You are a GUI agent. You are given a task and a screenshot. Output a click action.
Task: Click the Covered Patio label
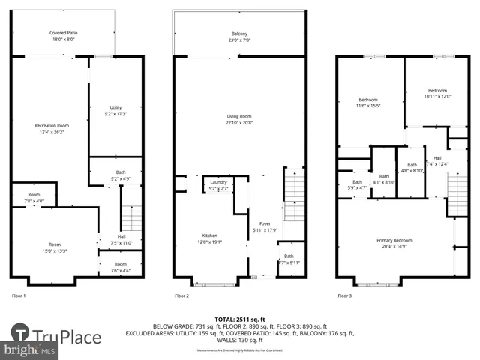[x=64, y=36]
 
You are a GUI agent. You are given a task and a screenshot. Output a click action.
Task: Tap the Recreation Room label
[x=52, y=128]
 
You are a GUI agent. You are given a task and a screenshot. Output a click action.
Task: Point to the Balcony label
[x=239, y=36]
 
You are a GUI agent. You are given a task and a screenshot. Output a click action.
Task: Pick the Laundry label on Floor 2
[x=218, y=185]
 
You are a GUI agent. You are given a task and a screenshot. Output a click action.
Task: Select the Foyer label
[x=265, y=226]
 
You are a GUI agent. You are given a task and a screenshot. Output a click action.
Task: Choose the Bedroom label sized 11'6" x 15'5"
[x=368, y=103]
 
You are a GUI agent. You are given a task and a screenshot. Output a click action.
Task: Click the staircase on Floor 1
[x=131, y=218]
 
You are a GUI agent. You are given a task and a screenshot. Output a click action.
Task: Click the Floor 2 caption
[x=182, y=295]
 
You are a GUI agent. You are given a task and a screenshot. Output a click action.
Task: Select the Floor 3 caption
[x=344, y=295]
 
